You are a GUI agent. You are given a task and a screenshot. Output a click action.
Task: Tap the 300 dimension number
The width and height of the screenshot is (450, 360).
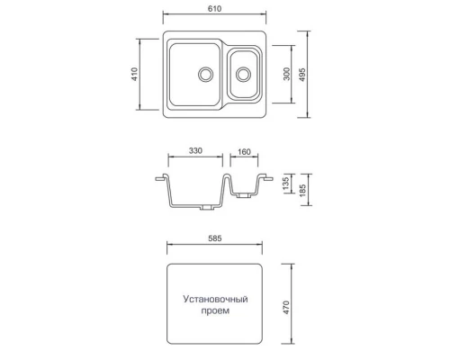point(286,75)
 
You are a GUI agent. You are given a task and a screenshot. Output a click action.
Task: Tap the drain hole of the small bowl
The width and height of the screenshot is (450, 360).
point(243,73)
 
